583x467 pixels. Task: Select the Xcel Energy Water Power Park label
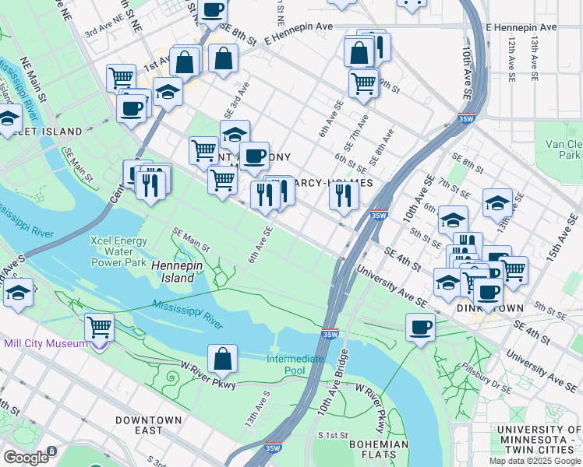118,251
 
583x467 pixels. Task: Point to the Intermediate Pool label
295,364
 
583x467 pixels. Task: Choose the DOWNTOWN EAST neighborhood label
148,425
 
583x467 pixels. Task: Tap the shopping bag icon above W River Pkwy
222,358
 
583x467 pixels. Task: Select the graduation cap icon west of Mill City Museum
18,293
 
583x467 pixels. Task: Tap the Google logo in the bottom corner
26,457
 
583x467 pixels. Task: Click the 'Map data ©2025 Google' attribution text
535,461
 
